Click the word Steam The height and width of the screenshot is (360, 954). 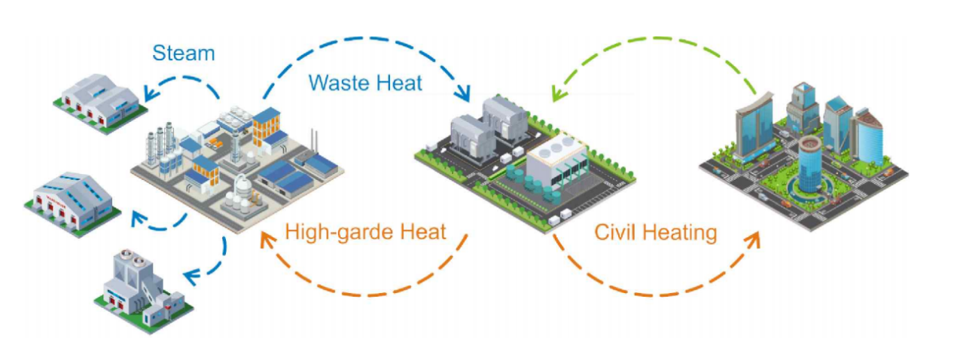pyautogui.click(x=183, y=53)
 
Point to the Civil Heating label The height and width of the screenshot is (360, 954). pyautogui.click(x=655, y=232)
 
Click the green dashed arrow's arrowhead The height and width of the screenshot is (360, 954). pyautogui.click(x=556, y=94)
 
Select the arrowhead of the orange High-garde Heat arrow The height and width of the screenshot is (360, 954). pyautogui.click(x=265, y=239)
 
